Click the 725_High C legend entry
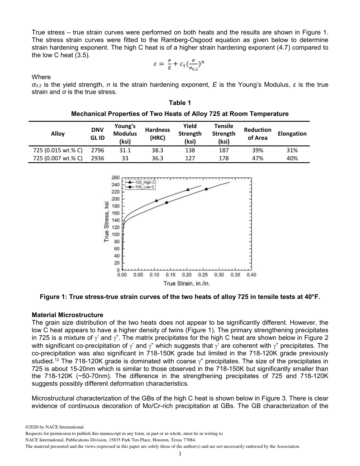[139, 183]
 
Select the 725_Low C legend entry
[139, 187]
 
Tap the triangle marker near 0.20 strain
[188, 189]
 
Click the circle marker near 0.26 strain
[207, 189]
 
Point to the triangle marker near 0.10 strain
[157, 200]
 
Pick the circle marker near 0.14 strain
[167, 203]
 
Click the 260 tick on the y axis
[116, 178]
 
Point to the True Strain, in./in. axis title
[187, 283]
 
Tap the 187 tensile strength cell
[224, 150]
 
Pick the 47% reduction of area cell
[258, 158]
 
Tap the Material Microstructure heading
[67, 315]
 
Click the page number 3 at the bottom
[180, 455]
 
